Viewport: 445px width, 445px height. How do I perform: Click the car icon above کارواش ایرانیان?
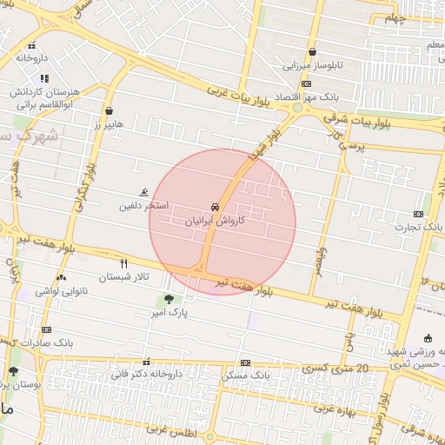point(214,207)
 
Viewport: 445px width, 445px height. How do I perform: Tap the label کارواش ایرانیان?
point(214,222)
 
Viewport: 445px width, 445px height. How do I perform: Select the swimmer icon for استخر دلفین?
point(143,193)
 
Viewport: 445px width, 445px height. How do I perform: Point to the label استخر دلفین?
point(143,207)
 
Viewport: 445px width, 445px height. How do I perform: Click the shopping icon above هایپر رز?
point(110,110)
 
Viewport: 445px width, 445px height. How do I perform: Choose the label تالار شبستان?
point(123,276)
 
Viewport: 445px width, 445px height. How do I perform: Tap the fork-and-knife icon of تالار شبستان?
point(123,263)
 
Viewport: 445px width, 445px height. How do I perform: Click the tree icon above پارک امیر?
point(169,298)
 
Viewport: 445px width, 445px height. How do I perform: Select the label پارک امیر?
point(169,311)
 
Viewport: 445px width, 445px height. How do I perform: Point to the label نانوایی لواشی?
point(61,290)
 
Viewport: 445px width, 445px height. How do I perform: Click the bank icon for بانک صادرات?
point(46,330)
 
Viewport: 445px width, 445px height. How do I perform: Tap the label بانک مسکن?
point(246,375)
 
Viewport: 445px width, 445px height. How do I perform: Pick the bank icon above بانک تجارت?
point(418,214)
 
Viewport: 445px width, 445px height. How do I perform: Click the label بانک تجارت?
point(415,228)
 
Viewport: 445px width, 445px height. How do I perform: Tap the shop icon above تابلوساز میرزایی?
point(312,52)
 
